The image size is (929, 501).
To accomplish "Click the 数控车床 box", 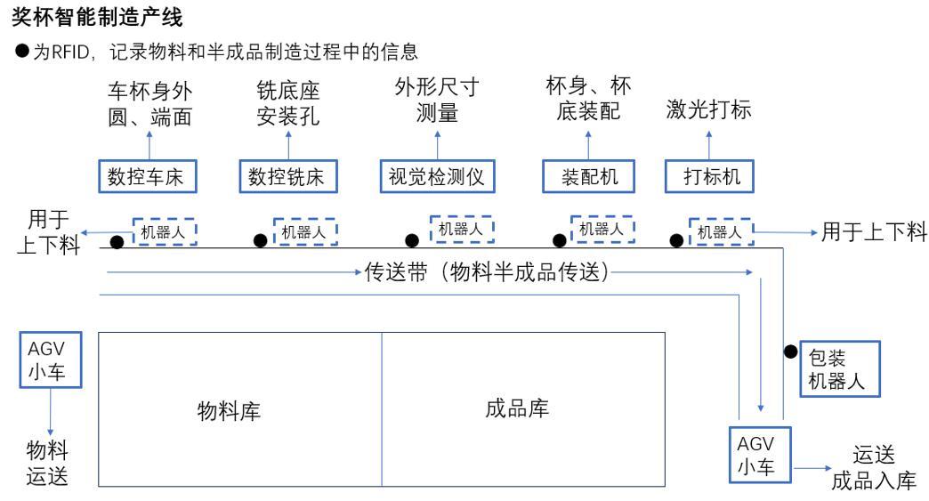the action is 148,176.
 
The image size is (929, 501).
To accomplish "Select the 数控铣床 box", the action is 288,176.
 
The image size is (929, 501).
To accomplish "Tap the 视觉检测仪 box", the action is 437,176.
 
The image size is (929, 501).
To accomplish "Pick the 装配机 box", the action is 589,176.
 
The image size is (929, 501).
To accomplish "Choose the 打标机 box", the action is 709,176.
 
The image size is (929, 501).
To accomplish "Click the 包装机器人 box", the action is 840,369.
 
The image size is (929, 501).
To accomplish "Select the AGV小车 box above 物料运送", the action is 51,360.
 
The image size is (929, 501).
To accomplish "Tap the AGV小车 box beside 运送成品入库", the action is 760,454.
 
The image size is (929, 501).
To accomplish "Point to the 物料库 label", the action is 229,410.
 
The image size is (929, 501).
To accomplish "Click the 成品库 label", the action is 517,408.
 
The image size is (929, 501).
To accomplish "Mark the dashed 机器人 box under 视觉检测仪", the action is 462,230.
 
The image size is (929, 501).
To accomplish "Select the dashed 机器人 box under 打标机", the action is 721,231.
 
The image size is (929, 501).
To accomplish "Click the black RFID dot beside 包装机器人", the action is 791,352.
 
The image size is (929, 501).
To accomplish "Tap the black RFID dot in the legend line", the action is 22,51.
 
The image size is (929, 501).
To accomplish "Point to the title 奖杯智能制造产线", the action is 97,17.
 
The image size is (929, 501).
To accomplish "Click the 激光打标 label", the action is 708,109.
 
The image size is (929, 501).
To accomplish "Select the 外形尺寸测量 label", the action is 437,100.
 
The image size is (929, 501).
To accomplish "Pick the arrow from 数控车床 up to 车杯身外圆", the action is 149,145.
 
